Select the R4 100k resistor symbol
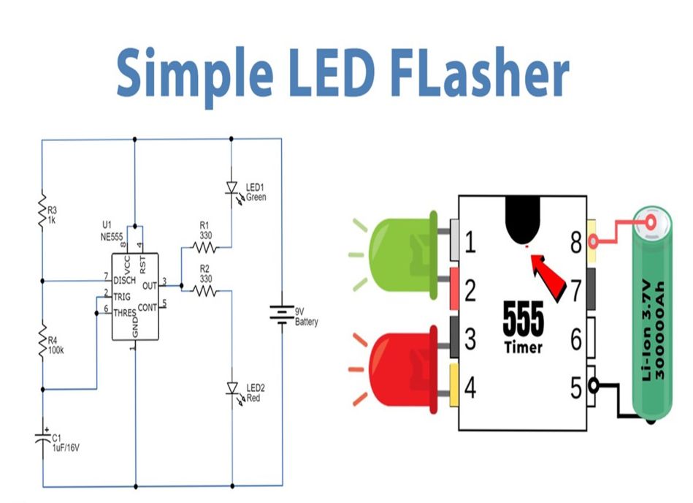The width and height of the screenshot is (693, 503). click(42, 342)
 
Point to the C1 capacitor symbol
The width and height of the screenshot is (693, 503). click(42, 439)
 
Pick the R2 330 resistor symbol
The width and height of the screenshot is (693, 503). click(205, 290)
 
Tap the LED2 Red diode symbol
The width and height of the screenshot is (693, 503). click(231, 388)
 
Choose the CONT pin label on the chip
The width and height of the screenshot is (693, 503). click(147, 306)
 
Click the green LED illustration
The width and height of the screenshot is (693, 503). click(400, 255)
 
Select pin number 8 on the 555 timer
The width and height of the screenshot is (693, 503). click(576, 242)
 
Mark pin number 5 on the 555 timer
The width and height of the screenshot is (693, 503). click(576, 387)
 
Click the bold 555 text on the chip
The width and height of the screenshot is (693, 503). click(523, 319)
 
